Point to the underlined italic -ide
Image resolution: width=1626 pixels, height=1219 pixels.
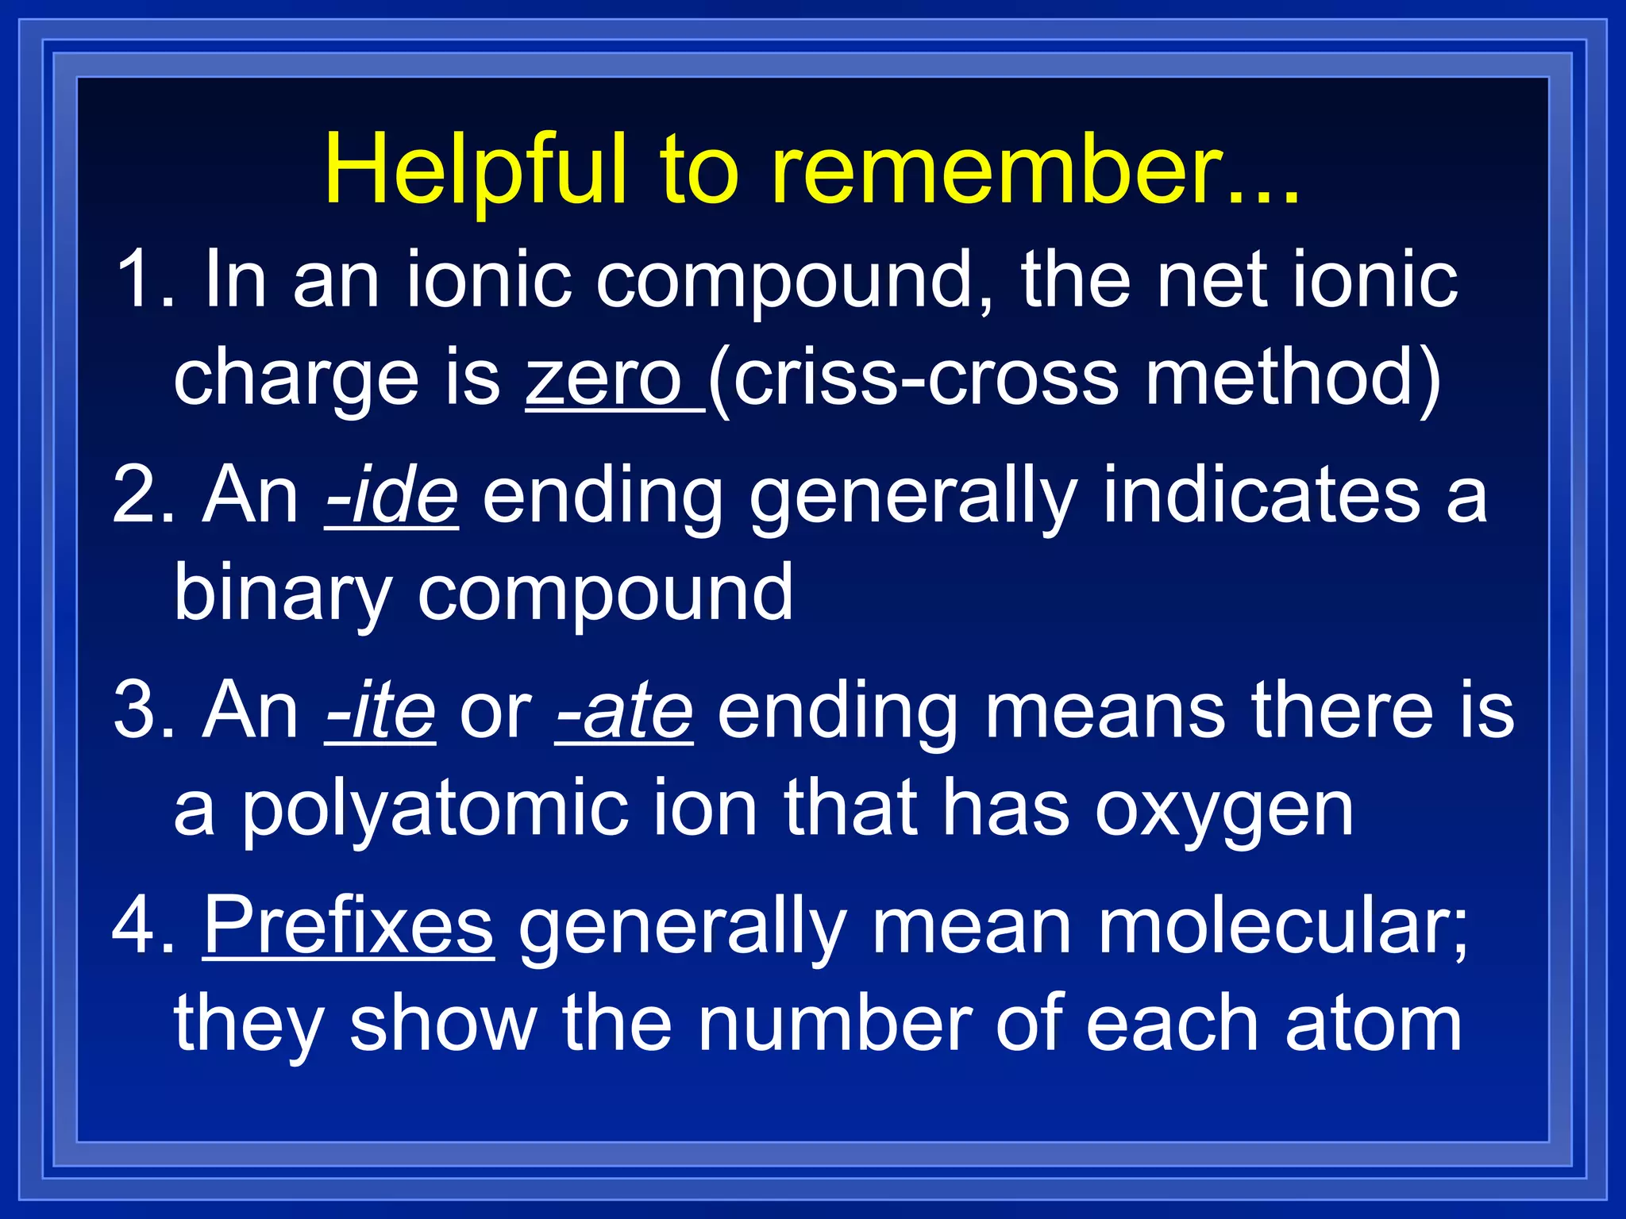[x=392, y=496]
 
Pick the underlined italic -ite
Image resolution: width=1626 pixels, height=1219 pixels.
[x=380, y=711]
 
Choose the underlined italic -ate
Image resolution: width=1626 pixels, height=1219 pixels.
[x=624, y=711]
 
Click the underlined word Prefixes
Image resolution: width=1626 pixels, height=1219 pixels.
[x=349, y=925]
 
